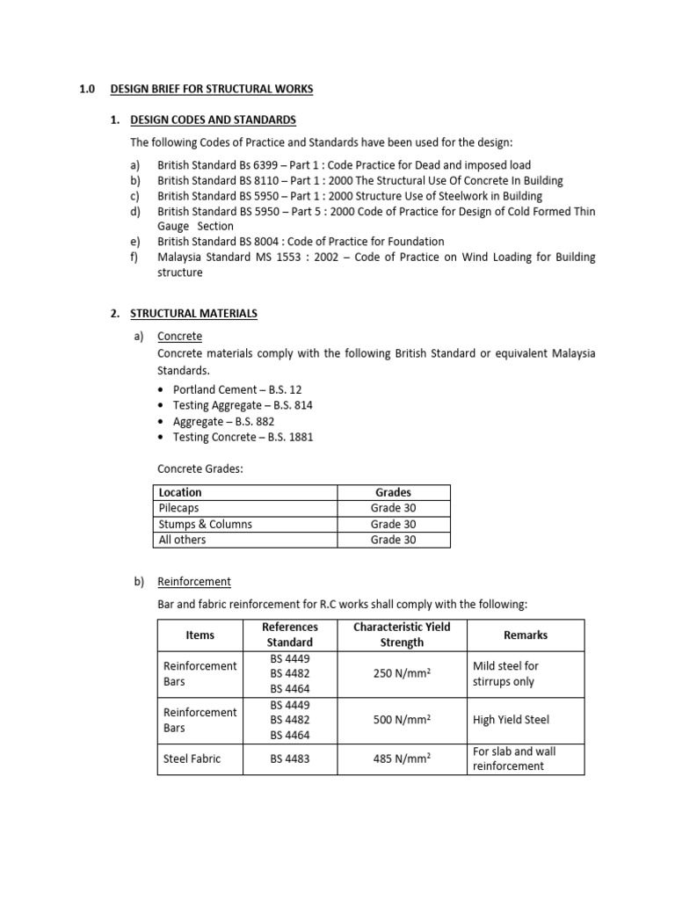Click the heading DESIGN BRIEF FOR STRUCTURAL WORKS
(x=211, y=89)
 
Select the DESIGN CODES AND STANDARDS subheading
(x=213, y=120)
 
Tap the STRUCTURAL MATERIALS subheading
(x=194, y=313)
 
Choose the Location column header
(x=180, y=492)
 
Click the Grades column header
(x=393, y=492)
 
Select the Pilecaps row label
(x=180, y=508)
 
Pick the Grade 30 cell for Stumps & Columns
(x=393, y=524)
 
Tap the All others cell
(x=182, y=540)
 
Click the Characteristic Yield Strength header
(x=402, y=635)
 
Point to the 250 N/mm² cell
(x=402, y=674)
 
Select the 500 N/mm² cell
(x=402, y=720)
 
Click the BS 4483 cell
(x=289, y=758)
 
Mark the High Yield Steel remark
(x=511, y=720)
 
